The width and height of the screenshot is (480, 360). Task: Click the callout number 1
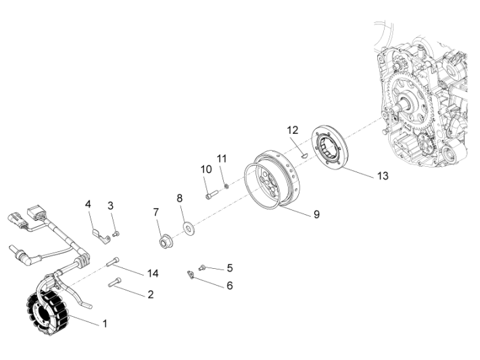point(105,324)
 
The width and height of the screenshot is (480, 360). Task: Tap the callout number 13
point(383,175)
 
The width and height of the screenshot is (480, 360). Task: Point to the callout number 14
point(153,273)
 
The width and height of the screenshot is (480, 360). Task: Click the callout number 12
point(292,130)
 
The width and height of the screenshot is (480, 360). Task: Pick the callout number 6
point(229,286)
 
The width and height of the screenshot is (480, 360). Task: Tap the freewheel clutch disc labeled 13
point(331,149)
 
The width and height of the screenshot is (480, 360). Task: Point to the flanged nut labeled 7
point(164,241)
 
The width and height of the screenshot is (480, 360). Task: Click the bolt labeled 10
point(210,195)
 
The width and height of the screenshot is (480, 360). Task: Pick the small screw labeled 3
point(116,234)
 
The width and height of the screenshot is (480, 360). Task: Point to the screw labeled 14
point(113,262)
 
